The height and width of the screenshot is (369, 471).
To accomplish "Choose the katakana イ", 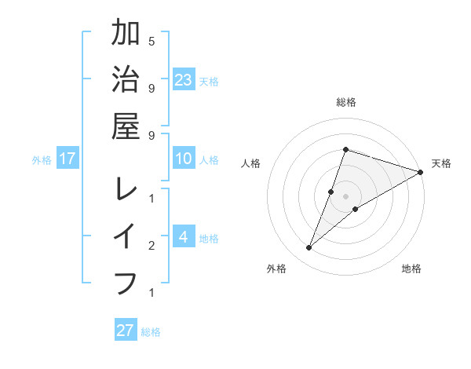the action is click(x=126, y=236).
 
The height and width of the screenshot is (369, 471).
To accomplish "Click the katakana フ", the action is click(x=126, y=282).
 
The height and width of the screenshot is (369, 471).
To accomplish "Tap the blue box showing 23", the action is click(x=184, y=80).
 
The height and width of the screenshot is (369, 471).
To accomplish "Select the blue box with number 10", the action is click(x=184, y=159).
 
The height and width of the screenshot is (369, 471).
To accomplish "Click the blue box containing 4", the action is click(x=184, y=237).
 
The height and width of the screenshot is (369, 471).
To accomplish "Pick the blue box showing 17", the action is click(x=67, y=159).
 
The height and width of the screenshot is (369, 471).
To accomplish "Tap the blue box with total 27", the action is click(x=126, y=331).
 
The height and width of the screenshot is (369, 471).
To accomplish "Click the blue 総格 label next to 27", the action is click(x=151, y=332).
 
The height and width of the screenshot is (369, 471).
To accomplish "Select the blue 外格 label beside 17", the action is click(x=42, y=160).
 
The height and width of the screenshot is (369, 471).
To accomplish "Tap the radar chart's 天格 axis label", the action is click(x=441, y=163).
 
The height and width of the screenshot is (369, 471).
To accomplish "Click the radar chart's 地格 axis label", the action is click(x=411, y=269).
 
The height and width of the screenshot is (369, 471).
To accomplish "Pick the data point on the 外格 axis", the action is click(x=309, y=248).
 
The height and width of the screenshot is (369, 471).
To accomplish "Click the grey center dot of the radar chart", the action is click(x=345, y=196).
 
